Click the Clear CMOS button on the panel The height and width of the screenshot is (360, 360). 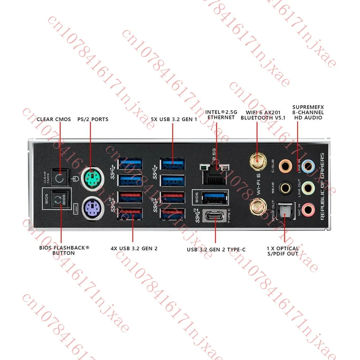pyautogui.click(x=59, y=178)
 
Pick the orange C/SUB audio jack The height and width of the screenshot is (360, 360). pyautogui.click(x=285, y=165)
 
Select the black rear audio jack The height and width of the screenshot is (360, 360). pyautogui.click(x=285, y=186)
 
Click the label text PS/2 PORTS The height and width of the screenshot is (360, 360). pyautogui.click(x=93, y=119)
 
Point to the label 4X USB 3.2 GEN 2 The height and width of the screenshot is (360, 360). pyautogui.click(x=134, y=248)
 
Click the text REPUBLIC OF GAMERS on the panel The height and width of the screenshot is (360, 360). pyautogui.click(x=322, y=186)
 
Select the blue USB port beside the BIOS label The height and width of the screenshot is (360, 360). pyautogui.click(x=215, y=197)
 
